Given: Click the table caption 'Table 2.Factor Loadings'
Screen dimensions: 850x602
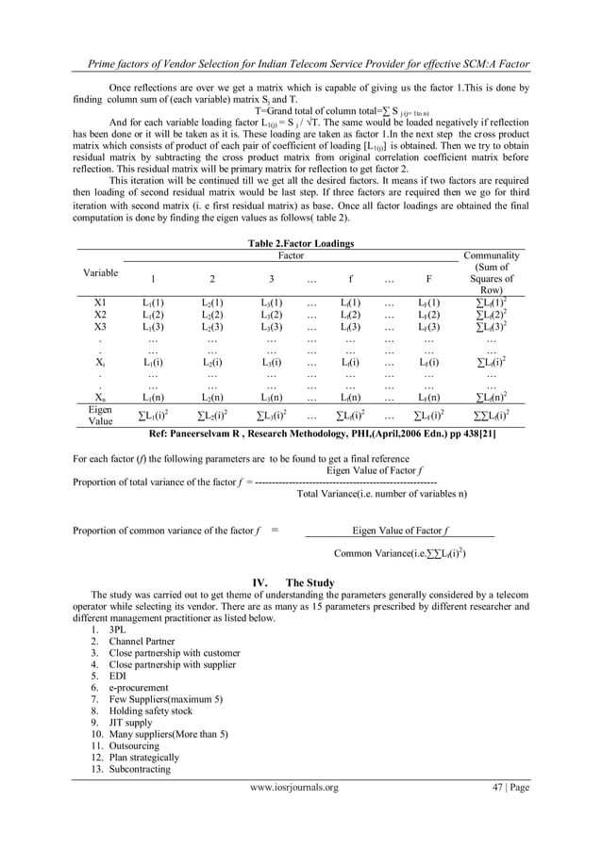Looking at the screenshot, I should click(x=300, y=243).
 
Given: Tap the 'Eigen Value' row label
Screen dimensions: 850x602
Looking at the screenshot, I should click(x=99, y=417).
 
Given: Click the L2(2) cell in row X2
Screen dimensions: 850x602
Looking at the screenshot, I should click(x=212, y=314).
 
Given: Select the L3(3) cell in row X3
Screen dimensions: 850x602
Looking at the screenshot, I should click(x=271, y=326).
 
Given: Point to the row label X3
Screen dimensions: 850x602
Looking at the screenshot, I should click(x=100, y=326).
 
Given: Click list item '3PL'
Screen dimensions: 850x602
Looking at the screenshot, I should click(x=118, y=629).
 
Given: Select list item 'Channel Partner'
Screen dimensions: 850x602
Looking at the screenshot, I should click(x=142, y=642).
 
